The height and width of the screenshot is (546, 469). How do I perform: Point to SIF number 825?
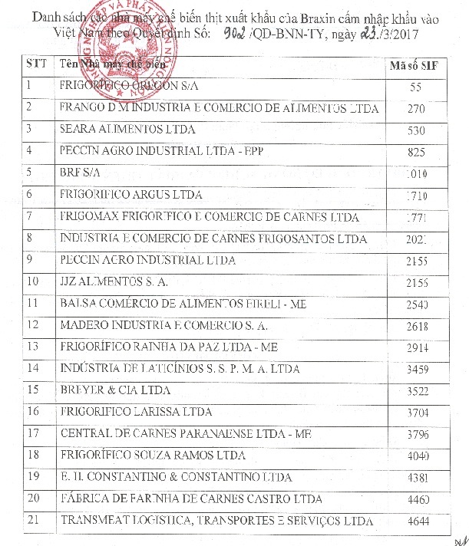416,153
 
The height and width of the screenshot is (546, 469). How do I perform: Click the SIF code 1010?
416,174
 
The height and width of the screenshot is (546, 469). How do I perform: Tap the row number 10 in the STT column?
31,281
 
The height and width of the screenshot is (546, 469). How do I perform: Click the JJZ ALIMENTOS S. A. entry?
113,281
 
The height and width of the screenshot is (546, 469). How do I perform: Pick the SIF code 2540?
416,305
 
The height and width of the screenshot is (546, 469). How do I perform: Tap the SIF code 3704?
416,414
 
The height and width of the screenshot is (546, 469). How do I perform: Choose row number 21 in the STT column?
31,521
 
